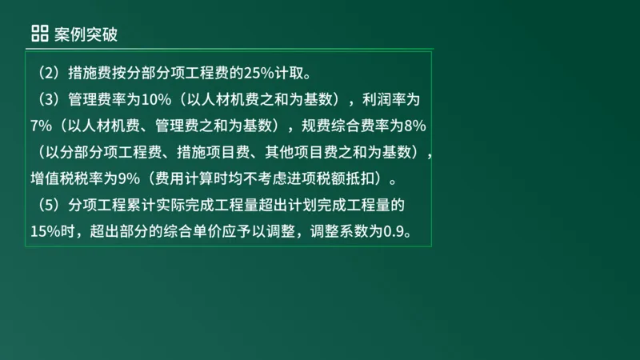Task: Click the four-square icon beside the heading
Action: (x=39, y=33)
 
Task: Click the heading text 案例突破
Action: (x=88, y=33)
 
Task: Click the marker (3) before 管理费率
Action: (x=47, y=100)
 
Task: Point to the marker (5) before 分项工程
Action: (x=47, y=206)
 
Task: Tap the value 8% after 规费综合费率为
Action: (x=414, y=126)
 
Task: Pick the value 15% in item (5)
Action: (x=43, y=231)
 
